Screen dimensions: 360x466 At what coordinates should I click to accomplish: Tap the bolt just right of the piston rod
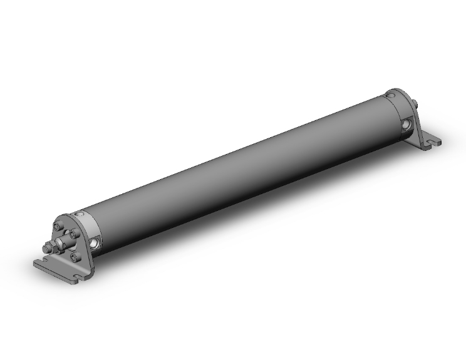click(75, 234)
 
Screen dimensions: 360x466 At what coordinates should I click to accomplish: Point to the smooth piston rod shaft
click(65, 242)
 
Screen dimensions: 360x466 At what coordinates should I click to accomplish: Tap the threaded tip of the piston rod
click(45, 249)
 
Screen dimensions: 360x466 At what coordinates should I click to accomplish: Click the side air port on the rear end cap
click(407, 125)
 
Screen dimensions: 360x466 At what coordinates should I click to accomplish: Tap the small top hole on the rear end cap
click(390, 95)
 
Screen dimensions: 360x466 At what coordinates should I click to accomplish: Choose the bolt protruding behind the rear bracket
click(416, 104)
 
